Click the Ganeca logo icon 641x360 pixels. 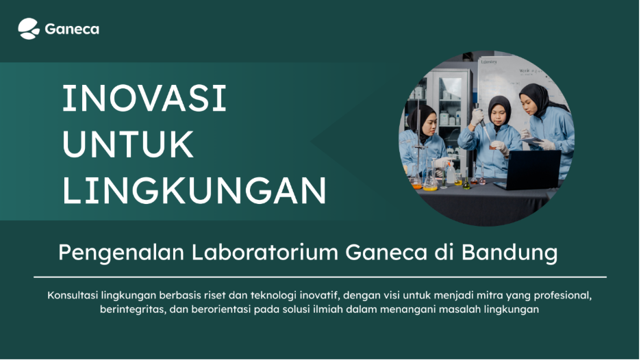pos(29,29)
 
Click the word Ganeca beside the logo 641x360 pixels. pos(72,29)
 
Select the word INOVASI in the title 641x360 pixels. pos(144,100)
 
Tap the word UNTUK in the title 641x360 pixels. pos(128,145)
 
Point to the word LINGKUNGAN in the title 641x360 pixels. pos(194,191)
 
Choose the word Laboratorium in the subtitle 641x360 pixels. pos(264,253)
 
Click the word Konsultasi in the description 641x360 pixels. pos(73,296)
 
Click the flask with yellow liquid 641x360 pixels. pos(430,182)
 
